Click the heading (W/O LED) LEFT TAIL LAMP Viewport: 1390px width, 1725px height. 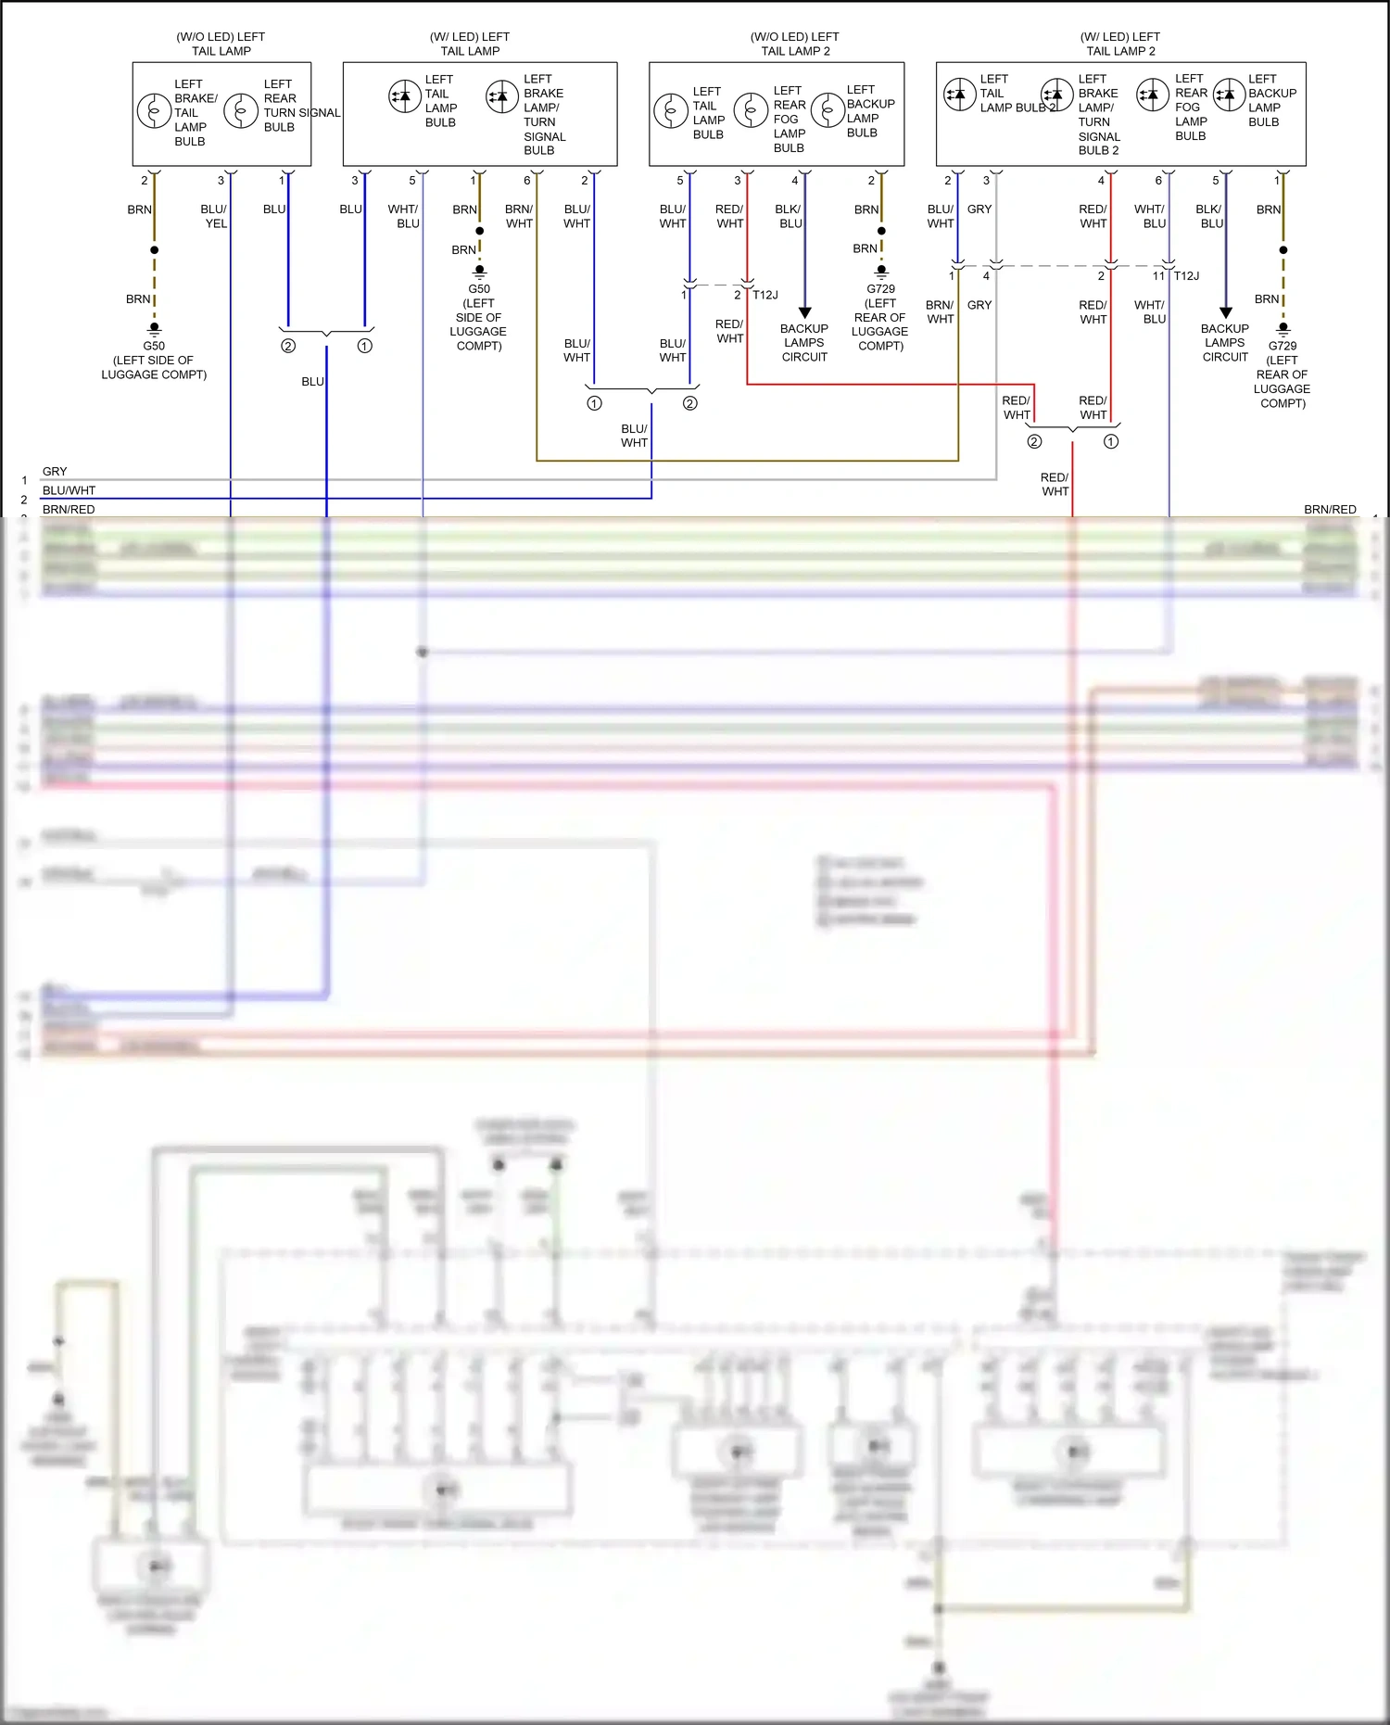[x=221, y=44]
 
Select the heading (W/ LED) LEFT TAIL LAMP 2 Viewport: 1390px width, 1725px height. [x=1120, y=44]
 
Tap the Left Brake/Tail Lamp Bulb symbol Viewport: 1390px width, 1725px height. [x=154, y=111]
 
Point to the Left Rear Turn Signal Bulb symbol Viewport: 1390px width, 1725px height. [x=241, y=111]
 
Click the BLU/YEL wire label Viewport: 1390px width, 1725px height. [x=214, y=216]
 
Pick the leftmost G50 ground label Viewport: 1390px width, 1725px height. [x=154, y=346]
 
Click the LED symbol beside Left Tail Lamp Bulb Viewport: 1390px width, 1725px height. [x=405, y=95]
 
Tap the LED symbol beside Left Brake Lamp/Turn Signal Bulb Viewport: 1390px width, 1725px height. [x=502, y=95]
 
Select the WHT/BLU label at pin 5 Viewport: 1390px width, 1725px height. [x=403, y=216]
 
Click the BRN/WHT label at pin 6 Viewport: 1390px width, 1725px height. [x=519, y=216]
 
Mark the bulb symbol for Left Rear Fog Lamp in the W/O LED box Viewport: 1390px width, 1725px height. [x=751, y=110]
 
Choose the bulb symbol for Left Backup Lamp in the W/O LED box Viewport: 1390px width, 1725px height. [x=827, y=110]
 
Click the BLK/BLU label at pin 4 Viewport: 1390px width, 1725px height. [x=790, y=216]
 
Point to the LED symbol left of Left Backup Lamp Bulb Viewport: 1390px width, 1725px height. [x=1229, y=95]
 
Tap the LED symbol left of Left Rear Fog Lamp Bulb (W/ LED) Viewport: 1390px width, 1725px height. [x=1153, y=95]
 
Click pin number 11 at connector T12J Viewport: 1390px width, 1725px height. [x=1158, y=276]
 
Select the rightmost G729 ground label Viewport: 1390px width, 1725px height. [x=1283, y=346]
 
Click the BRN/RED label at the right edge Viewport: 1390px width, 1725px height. [x=1330, y=509]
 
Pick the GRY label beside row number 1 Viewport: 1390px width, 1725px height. [x=55, y=472]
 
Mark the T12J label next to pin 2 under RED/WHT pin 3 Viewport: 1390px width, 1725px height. [x=765, y=295]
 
